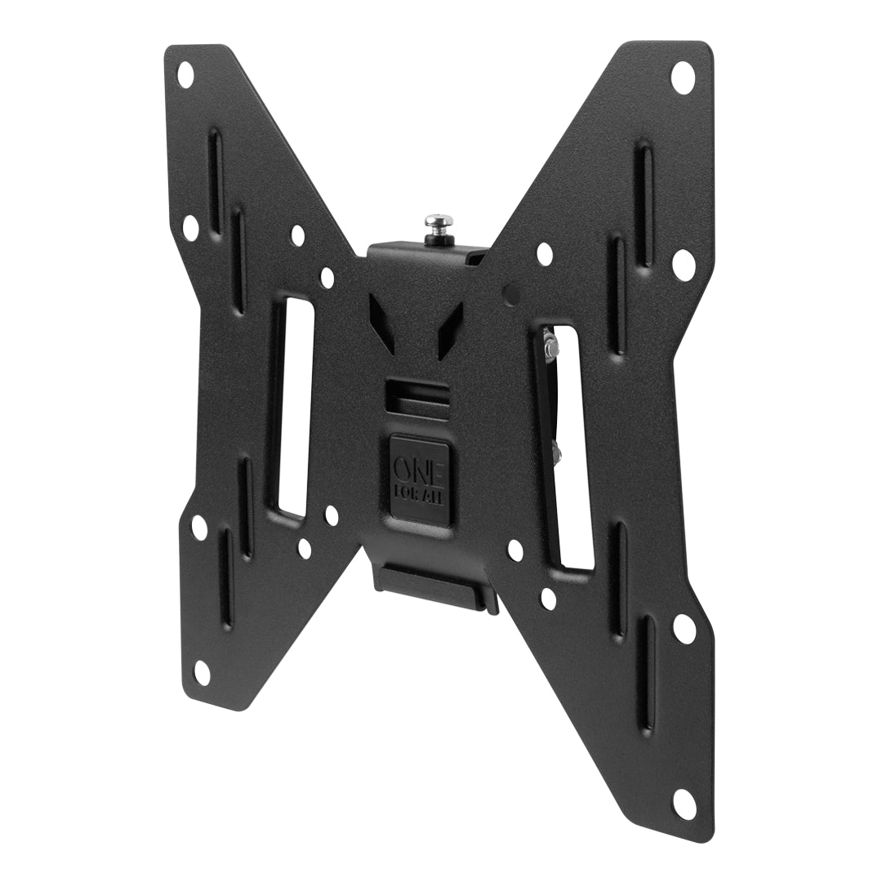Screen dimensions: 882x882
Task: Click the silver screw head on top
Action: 438,222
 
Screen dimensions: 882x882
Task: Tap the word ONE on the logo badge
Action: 419,468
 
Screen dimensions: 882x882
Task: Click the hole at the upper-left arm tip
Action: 185,74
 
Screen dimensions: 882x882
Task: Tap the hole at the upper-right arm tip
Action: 683,77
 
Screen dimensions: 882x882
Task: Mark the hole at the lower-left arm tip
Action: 202,672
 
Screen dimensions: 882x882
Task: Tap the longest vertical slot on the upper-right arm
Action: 644,204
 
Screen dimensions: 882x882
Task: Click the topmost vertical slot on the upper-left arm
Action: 215,167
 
